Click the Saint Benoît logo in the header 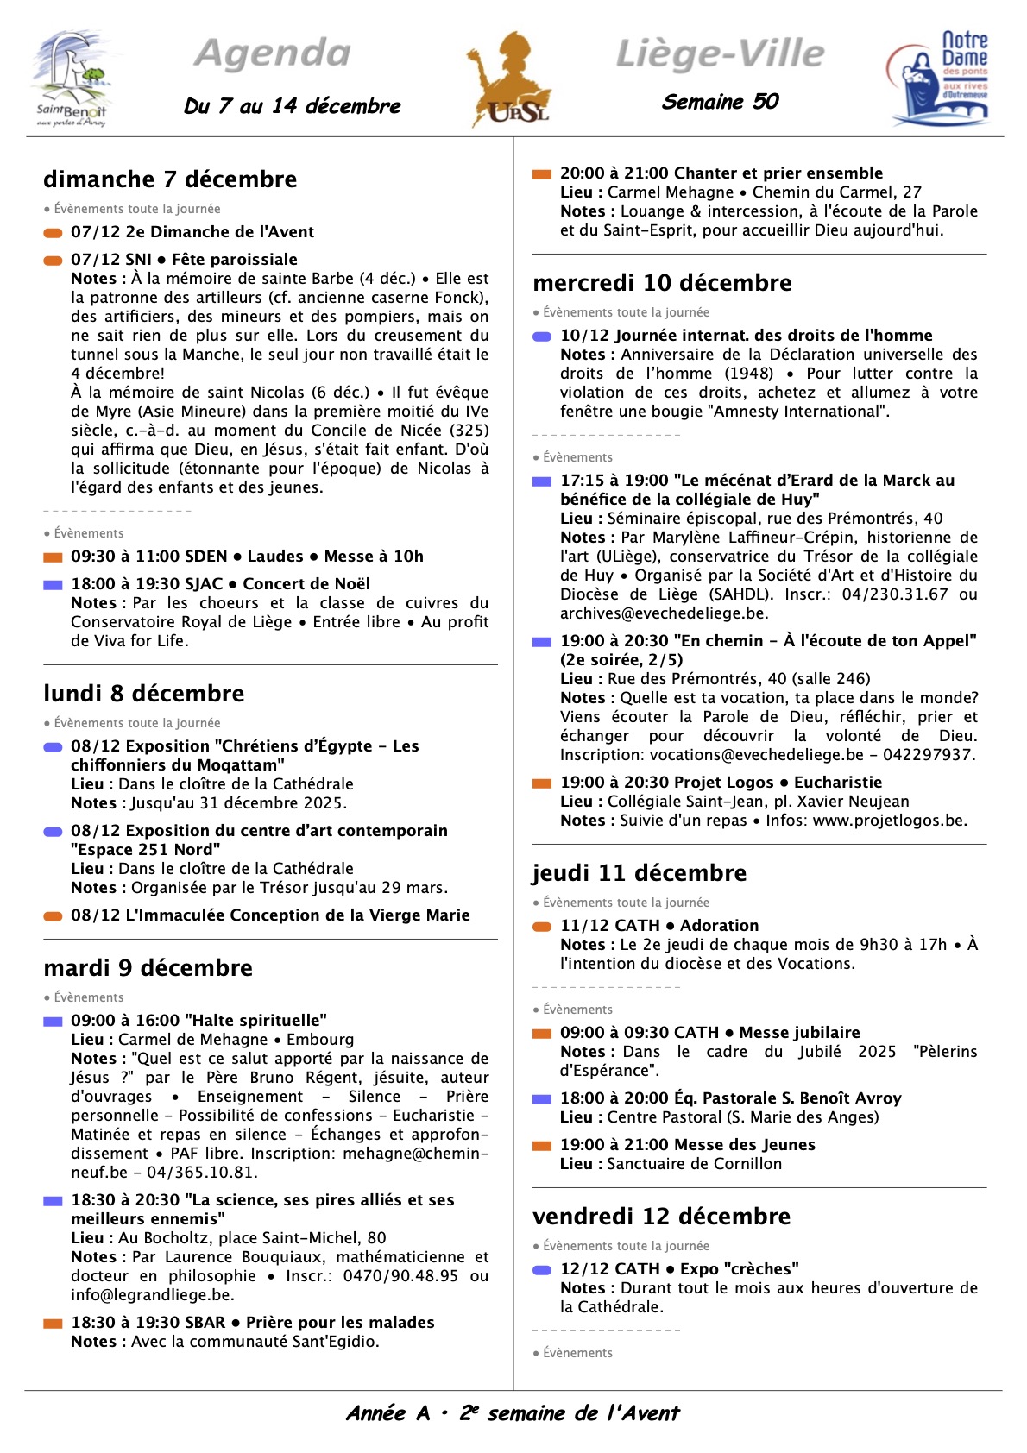tap(72, 79)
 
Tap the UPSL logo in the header tap(508, 79)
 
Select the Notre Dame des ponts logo tap(939, 79)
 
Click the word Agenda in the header tap(273, 53)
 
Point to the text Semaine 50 tap(721, 102)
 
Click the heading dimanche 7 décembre tap(170, 179)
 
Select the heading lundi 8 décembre tap(144, 694)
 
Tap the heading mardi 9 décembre tap(148, 968)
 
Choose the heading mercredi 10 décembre tap(662, 283)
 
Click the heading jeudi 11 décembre tap(640, 873)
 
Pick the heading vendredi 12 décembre tap(662, 1217)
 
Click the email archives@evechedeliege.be tap(663, 613)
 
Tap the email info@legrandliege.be tap(151, 1295)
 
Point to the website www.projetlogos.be tap(888, 821)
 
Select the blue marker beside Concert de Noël tap(54, 585)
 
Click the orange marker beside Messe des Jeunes tap(542, 1146)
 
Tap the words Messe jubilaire tap(799, 1033)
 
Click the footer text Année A tap(387, 1413)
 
